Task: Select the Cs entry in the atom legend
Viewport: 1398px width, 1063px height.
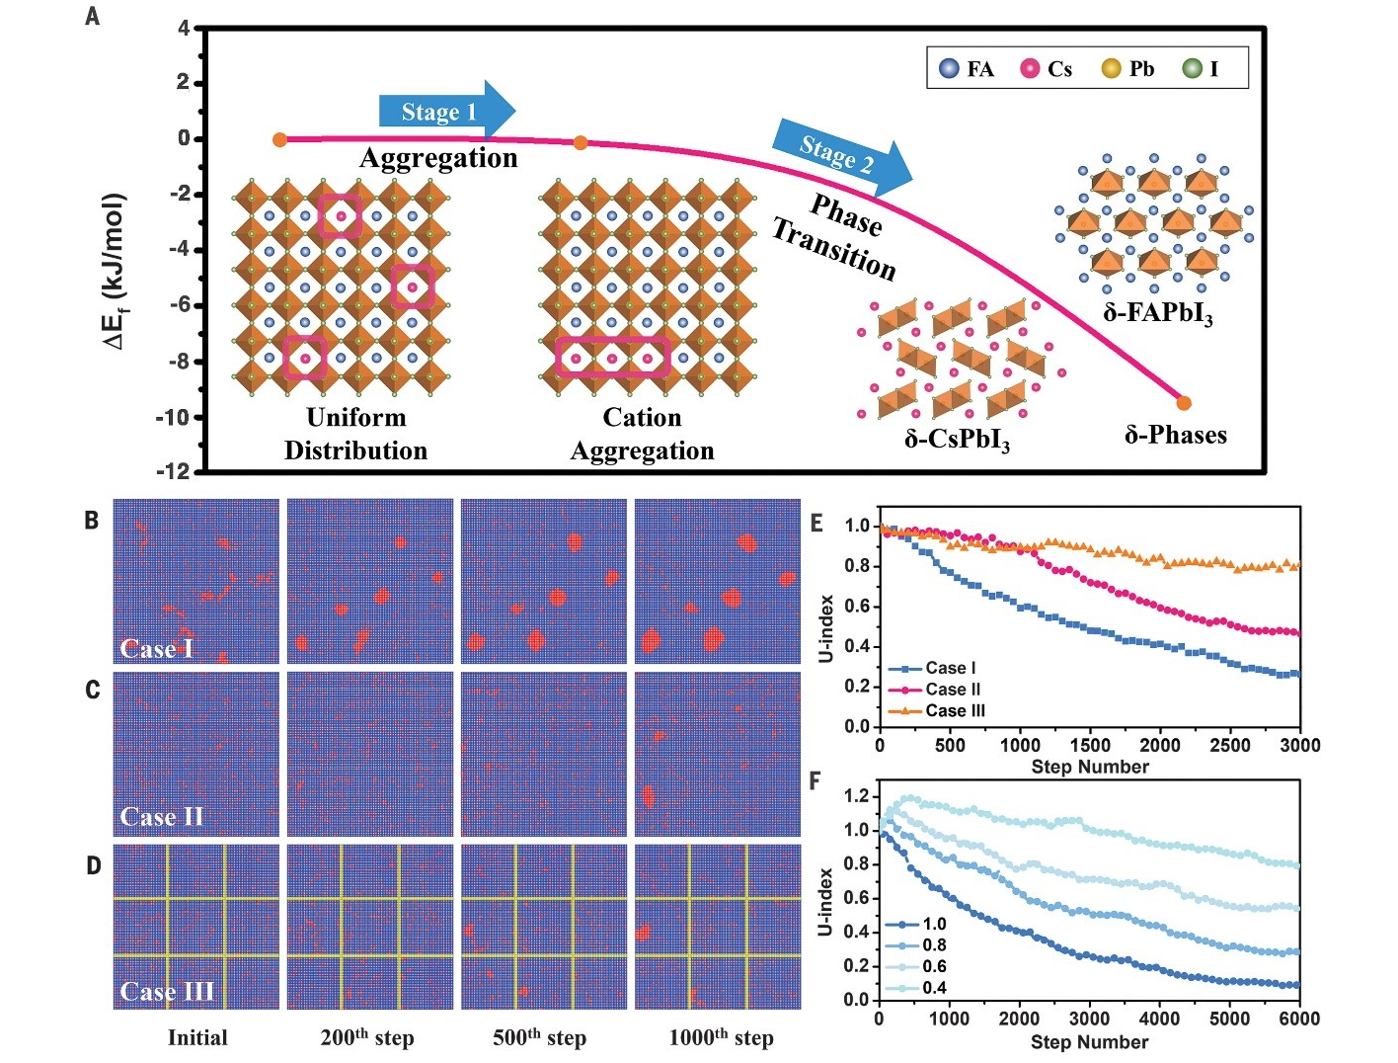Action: (1047, 69)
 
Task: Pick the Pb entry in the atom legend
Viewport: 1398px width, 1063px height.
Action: (1127, 69)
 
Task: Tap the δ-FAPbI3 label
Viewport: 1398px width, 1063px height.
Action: (1158, 314)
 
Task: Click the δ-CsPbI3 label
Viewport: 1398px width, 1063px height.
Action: (957, 439)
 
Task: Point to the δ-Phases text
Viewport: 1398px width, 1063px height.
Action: (1176, 435)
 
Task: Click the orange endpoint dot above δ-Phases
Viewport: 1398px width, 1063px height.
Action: (1184, 403)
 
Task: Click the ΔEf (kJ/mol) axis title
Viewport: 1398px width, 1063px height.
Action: (116, 272)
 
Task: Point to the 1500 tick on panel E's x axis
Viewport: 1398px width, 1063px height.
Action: (1090, 746)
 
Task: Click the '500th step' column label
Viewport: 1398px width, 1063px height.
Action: (539, 1038)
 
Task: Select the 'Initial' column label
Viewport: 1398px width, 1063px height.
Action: (197, 1038)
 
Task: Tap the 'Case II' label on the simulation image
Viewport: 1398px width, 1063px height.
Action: (162, 817)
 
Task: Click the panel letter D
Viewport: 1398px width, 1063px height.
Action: (93, 866)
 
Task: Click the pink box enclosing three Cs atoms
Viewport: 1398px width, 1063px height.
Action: (612, 358)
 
